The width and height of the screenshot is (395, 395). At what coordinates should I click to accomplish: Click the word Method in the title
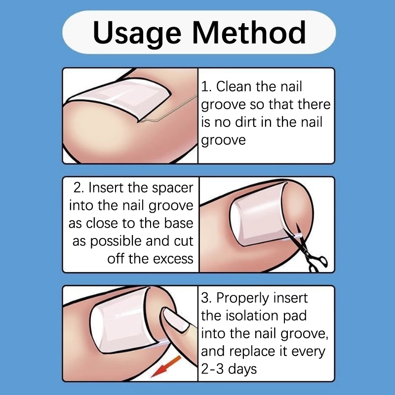(249, 32)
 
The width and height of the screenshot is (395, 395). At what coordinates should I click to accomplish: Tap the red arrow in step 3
(166, 366)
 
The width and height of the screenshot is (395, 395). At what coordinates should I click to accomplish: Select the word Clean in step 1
(234, 86)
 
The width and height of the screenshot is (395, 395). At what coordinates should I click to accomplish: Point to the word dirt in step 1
(243, 122)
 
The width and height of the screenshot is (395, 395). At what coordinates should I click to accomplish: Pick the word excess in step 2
(173, 259)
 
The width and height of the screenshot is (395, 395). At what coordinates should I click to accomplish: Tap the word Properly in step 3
(242, 299)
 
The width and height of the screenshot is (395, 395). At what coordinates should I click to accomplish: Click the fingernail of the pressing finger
(176, 319)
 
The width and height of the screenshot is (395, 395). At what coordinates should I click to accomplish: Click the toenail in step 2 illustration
(258, 214)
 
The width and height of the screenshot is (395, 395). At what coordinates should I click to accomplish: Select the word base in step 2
(179, 223)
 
